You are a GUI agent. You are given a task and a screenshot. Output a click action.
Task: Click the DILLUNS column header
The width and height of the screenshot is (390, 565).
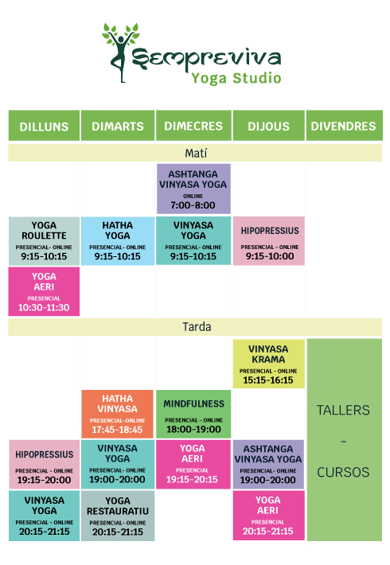[x=44, y=126]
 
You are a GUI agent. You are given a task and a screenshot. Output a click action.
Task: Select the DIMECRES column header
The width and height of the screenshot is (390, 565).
[x=193, y=126]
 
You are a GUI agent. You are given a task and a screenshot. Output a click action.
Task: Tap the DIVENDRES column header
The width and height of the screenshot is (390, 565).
[x=344, y=126]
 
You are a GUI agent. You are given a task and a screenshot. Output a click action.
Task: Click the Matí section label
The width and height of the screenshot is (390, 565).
[x=196, y=153]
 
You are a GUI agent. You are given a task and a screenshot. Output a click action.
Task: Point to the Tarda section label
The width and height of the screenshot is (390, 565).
[x=197, y=327]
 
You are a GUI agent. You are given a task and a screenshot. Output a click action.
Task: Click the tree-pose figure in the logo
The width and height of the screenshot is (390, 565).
[x=121, y=53]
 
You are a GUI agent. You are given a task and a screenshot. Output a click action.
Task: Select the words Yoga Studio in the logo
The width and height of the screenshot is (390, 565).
[x=236, y=78]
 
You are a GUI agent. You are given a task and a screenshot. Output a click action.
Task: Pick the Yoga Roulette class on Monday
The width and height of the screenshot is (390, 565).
[x=44, y=241]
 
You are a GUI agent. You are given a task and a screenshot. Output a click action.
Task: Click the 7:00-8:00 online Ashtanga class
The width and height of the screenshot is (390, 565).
[x=193, y=189]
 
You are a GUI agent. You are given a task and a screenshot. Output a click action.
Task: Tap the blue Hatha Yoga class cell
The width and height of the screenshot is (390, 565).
[x=118, y=241]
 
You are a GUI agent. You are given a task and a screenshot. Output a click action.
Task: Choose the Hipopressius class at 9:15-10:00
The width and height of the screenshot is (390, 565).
[x=269, y=241]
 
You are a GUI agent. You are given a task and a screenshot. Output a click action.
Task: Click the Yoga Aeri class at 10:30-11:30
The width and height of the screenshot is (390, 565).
[x=44, y=291]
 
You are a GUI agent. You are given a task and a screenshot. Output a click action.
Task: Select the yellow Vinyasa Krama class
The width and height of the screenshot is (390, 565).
[x=269, y=364]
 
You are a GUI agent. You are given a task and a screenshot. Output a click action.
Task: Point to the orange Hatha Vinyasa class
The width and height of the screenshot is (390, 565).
[x=118, y=414]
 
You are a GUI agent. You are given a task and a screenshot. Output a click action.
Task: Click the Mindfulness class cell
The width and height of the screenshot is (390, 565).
[x=193, y=414]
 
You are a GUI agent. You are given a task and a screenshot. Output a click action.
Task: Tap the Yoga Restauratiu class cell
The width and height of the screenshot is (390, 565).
[x=118, y=516]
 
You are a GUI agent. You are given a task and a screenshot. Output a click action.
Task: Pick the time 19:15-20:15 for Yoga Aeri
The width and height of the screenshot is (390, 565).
[x=192, y=479]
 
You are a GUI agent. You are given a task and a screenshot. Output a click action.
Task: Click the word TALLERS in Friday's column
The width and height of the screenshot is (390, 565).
[x=343, y=410]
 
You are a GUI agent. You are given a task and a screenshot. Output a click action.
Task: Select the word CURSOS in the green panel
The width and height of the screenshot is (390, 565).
[x=343, y=472]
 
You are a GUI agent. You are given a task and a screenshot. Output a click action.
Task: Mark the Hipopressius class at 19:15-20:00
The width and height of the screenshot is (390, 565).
[x=44, y=465]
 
